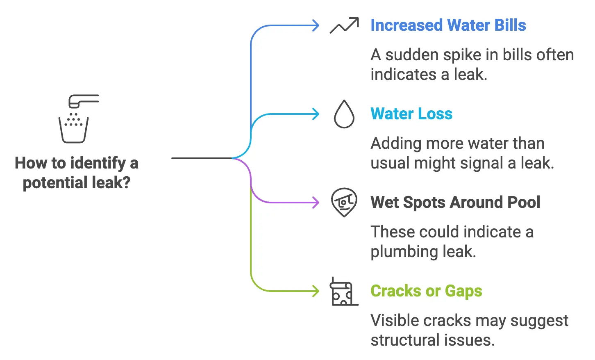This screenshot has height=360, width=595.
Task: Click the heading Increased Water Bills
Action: (448, 25)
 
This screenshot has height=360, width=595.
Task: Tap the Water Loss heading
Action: (411, 114)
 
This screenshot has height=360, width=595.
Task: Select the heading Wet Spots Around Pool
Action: (455, 202)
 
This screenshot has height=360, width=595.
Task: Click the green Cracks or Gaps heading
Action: (426, 291)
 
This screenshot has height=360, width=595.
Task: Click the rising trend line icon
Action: (344, 25)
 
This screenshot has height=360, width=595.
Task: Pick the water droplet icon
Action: (344, 114)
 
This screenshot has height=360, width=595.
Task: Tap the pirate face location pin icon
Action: (344, 202)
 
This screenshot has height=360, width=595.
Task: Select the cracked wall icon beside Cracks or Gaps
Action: (343, 292)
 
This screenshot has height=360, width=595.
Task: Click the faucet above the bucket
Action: (83, 101)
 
